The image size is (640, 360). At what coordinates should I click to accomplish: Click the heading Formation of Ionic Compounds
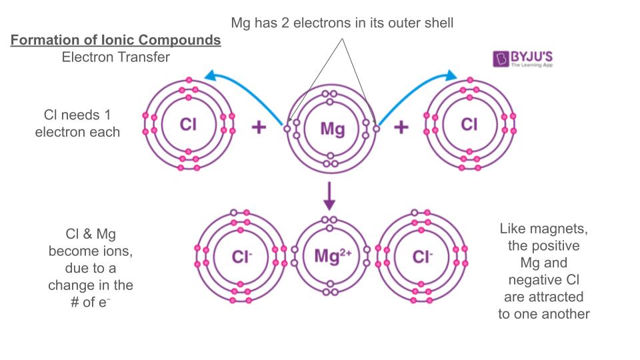[x=115, y=40]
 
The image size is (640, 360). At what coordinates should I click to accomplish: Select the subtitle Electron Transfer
[x=115, y=57]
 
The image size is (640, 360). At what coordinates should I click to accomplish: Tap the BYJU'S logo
[x=523, y=59]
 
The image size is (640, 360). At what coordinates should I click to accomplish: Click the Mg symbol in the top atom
[x=332, y=128]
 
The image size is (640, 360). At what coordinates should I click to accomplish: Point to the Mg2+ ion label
[x=332, y=255]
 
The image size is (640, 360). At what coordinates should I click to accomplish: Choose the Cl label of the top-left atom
[x=189, y=124]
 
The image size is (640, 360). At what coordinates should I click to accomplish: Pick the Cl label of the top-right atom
[x=469, y=124]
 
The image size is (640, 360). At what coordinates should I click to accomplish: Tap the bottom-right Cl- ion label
[x=423, y=256]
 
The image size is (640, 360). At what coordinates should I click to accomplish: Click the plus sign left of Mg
[x=258, y=127]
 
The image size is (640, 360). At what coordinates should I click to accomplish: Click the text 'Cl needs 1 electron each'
[x=77, y=123]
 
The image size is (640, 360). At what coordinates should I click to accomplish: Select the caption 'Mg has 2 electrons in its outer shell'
[x=342, y=23]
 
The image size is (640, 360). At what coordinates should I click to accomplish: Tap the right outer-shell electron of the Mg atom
[x=376, y=129]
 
